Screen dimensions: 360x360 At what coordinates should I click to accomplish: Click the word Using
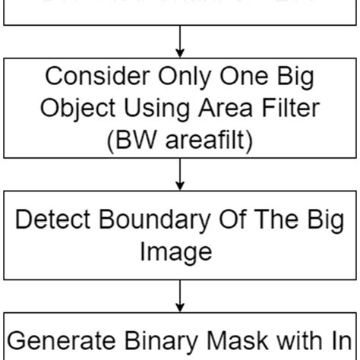coord(150,109)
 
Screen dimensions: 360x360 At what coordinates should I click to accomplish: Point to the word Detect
coord(53,221)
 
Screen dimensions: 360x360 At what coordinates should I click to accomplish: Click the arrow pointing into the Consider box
coord(180,42)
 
